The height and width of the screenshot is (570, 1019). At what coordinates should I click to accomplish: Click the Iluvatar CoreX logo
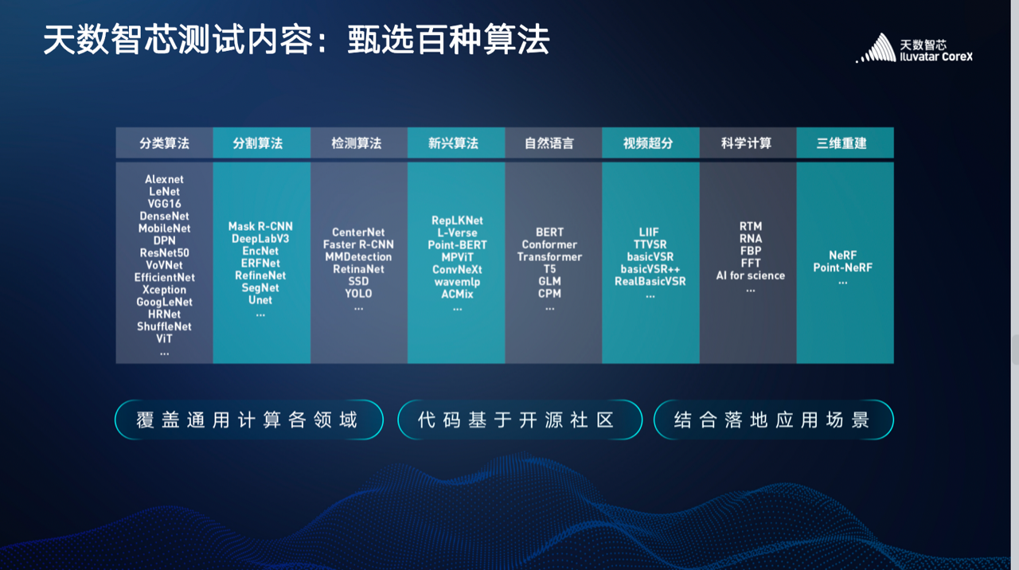(x=914, y=49)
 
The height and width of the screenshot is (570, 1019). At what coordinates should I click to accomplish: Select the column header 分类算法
(x=164, y=143)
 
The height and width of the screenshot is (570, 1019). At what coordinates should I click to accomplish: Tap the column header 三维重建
(x=841, y=143)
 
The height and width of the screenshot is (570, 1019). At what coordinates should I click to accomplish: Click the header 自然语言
(x=549, y=143)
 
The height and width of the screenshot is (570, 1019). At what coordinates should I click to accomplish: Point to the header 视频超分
(x=648, y=143)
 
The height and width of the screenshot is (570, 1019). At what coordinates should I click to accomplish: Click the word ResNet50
(x=164, y=253)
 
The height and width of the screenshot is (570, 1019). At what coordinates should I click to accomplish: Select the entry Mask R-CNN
(x=260, y=227)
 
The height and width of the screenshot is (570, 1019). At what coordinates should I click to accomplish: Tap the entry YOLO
(x=358, y=294)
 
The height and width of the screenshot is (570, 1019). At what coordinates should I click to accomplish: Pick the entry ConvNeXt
(x=457, y=270)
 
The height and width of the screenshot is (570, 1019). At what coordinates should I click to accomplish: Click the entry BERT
(x=549, y=232)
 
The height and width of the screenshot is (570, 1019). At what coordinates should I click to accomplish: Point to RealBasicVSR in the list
(x=650, y=282)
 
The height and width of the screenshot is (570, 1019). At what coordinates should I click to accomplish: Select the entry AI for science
(x=751, y=275)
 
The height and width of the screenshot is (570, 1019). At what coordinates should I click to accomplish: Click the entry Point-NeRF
(x=843, y=268)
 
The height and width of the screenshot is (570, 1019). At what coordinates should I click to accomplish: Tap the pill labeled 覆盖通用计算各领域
(x=249, y=420)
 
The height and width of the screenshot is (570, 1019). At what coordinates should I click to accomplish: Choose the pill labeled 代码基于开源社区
(x=520, y=420)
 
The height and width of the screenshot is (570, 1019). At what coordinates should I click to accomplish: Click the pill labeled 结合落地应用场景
(x=773, y=420)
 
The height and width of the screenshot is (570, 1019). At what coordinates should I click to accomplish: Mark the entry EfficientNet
(x=164, y=278)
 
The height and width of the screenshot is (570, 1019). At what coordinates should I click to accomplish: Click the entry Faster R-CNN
(x=358, y=244)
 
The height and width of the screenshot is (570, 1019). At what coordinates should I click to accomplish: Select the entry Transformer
(x=549, y=257)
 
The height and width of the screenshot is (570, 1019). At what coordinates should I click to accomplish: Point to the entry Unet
(x=260, y=300)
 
